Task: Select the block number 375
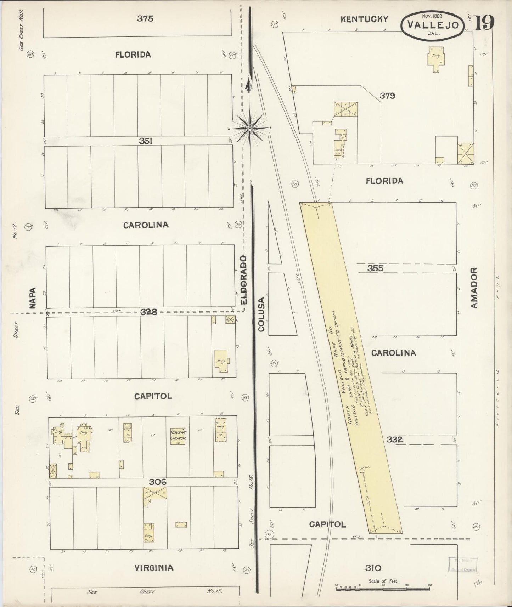tap(145, 18)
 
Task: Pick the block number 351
tap(146, 141)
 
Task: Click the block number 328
tap(148, 312)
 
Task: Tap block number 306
tap(158, 482)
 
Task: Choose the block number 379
tap(387, 95)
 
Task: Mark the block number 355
tap(375, 268)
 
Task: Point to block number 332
tap(395, 439)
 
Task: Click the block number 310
tap(373, 568)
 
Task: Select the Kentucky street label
tap(364, 19)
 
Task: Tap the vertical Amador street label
tap(474, 287)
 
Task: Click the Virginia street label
tap(154, 568)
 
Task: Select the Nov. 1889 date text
tap(434, 16)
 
